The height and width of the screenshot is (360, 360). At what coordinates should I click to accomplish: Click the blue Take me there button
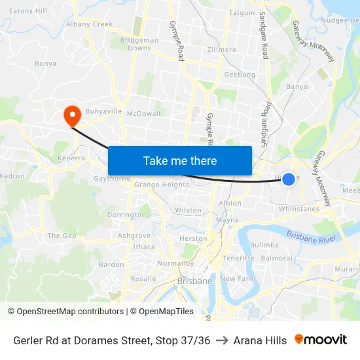(180, 160)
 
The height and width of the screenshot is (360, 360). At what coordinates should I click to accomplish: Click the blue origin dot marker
(289, 179)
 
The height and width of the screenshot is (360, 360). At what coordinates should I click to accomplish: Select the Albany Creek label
(89, 24)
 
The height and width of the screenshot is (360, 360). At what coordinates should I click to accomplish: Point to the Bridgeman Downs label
(139, 44)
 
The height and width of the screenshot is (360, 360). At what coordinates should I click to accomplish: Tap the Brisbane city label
(194, 281)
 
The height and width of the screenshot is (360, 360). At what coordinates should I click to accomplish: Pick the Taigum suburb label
(242, 12)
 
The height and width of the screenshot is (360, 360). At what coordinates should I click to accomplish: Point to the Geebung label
(240, 75)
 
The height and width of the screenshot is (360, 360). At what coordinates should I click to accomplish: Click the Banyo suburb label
(297, 86)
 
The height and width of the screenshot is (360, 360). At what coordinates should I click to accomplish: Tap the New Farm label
(236, 279)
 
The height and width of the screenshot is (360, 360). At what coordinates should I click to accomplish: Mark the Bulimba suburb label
(264, 245)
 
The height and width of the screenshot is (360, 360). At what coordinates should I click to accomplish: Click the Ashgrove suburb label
(134, 236)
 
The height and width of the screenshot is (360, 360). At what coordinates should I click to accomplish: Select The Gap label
(62, 236)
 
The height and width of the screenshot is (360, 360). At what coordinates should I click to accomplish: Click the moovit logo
(321, 340)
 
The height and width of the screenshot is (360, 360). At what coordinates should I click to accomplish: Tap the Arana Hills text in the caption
(260, 340)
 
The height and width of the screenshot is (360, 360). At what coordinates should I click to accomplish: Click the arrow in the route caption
(222, 340)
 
